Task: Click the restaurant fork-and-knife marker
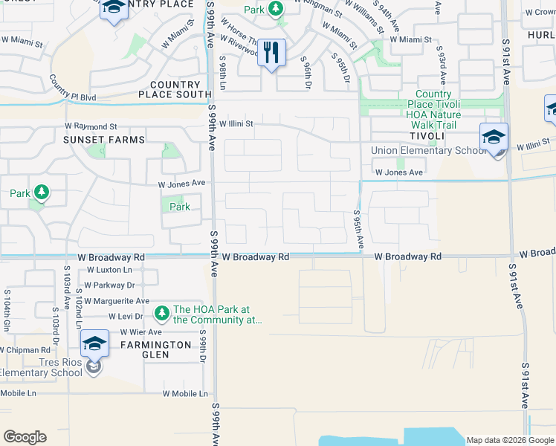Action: [x=271, y=52]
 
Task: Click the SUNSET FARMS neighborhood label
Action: [x=103, y=140]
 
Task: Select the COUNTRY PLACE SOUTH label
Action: [x=175, y=90]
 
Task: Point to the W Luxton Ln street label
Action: [x=109, y=270]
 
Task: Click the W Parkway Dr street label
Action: [x=109, y=285]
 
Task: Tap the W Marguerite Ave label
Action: [x=117, y=301]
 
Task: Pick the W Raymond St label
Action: [x=90, y=127]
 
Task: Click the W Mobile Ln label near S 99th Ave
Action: [x=186, y=394]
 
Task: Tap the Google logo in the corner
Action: [x=25, y=437]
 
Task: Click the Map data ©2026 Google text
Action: [x=509, y=440]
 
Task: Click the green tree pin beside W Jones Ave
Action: [x=42, y=193]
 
